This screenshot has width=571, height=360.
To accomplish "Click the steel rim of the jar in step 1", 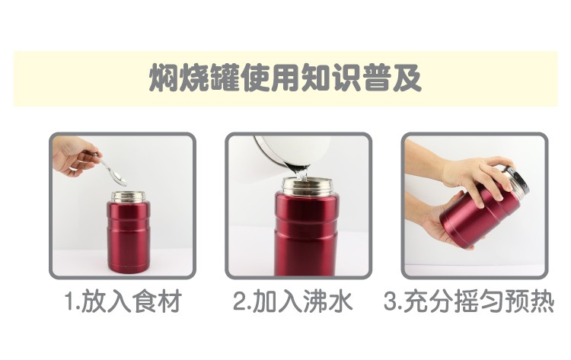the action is coord(128,196).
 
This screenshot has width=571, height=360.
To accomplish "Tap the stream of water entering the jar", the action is coord(301,174).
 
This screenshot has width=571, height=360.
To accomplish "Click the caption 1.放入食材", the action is coord(123,301).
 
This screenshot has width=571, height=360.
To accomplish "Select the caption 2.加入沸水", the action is coord(293,301).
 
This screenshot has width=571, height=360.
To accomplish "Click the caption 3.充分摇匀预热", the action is coord(469,301).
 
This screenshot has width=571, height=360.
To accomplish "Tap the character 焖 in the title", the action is coord(164,78).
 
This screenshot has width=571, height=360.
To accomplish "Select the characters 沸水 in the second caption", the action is coord(329,301).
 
